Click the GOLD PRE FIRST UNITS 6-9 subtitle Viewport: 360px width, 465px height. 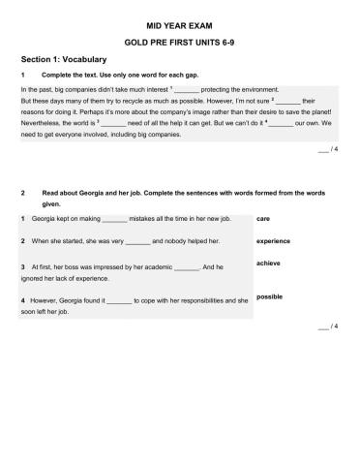point(179,44)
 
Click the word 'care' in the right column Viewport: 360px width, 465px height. point(264,218)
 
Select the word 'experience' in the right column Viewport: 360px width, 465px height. point(274,240)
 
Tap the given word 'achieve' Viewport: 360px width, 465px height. point(268,263)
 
